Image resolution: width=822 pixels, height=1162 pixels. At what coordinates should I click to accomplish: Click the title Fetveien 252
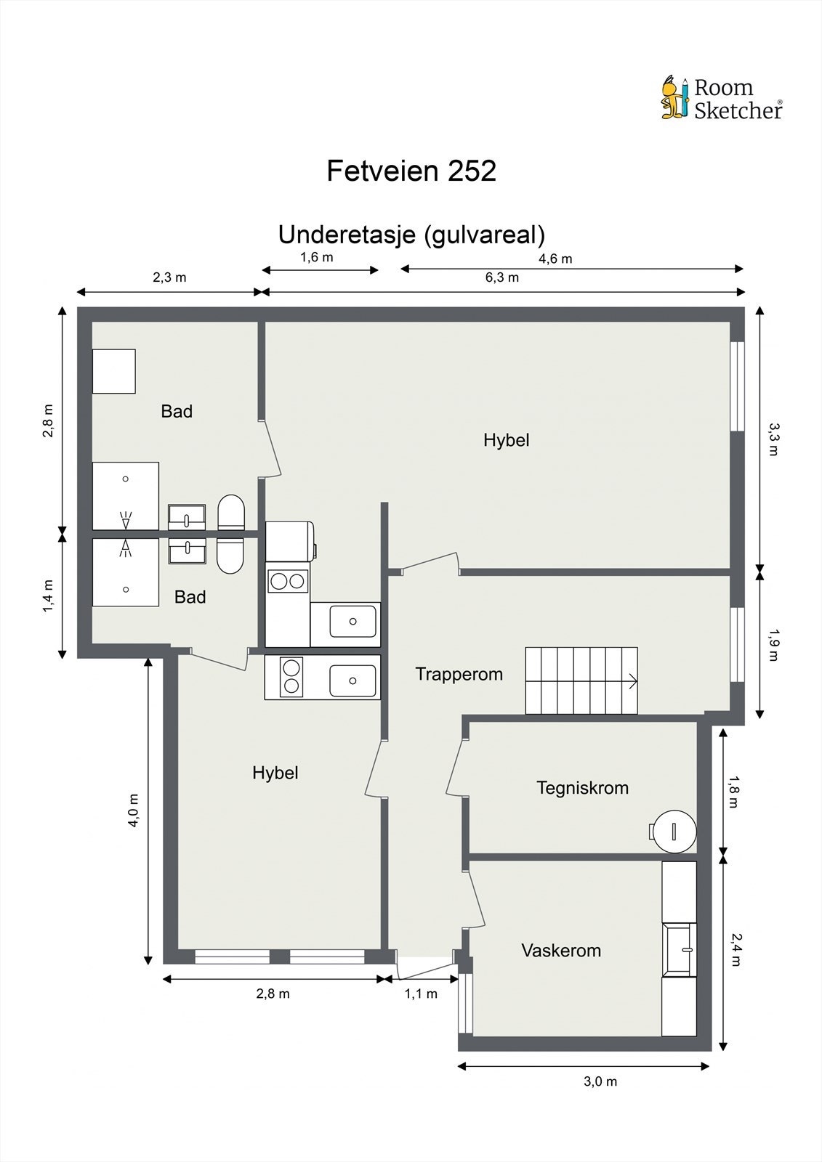[x=411, y=171]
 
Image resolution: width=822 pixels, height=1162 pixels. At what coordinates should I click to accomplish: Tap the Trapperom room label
[x=459, y=674]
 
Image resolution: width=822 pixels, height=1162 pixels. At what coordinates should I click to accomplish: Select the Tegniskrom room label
[x=582, y=788]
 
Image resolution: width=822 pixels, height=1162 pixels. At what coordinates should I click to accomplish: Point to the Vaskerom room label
[x=561, y=951]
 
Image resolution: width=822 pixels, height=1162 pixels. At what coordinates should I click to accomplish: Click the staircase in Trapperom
[x=581, y=680]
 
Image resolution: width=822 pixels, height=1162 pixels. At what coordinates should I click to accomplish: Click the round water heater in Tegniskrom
[x=674, y=829]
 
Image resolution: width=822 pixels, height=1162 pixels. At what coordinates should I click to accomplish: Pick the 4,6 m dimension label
[x=555, y=259]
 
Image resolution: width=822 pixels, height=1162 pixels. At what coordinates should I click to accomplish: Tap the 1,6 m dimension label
[x=317, y=257]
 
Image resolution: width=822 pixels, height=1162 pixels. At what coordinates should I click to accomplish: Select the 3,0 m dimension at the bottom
[x=600, y=1081]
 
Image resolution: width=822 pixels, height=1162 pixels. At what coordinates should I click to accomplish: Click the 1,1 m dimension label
[x=421, y=994]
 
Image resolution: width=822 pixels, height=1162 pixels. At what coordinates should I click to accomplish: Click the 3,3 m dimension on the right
[x=773, y=439]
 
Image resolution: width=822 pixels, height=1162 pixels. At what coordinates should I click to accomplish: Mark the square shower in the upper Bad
[x=114, y=371]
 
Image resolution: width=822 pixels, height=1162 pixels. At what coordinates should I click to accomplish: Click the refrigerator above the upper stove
[x=289, y=541]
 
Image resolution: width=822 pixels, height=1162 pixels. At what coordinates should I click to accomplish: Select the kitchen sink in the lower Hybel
[x=353, y=680]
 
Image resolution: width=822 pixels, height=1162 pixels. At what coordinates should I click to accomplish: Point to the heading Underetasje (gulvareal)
[x=411, y=235]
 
